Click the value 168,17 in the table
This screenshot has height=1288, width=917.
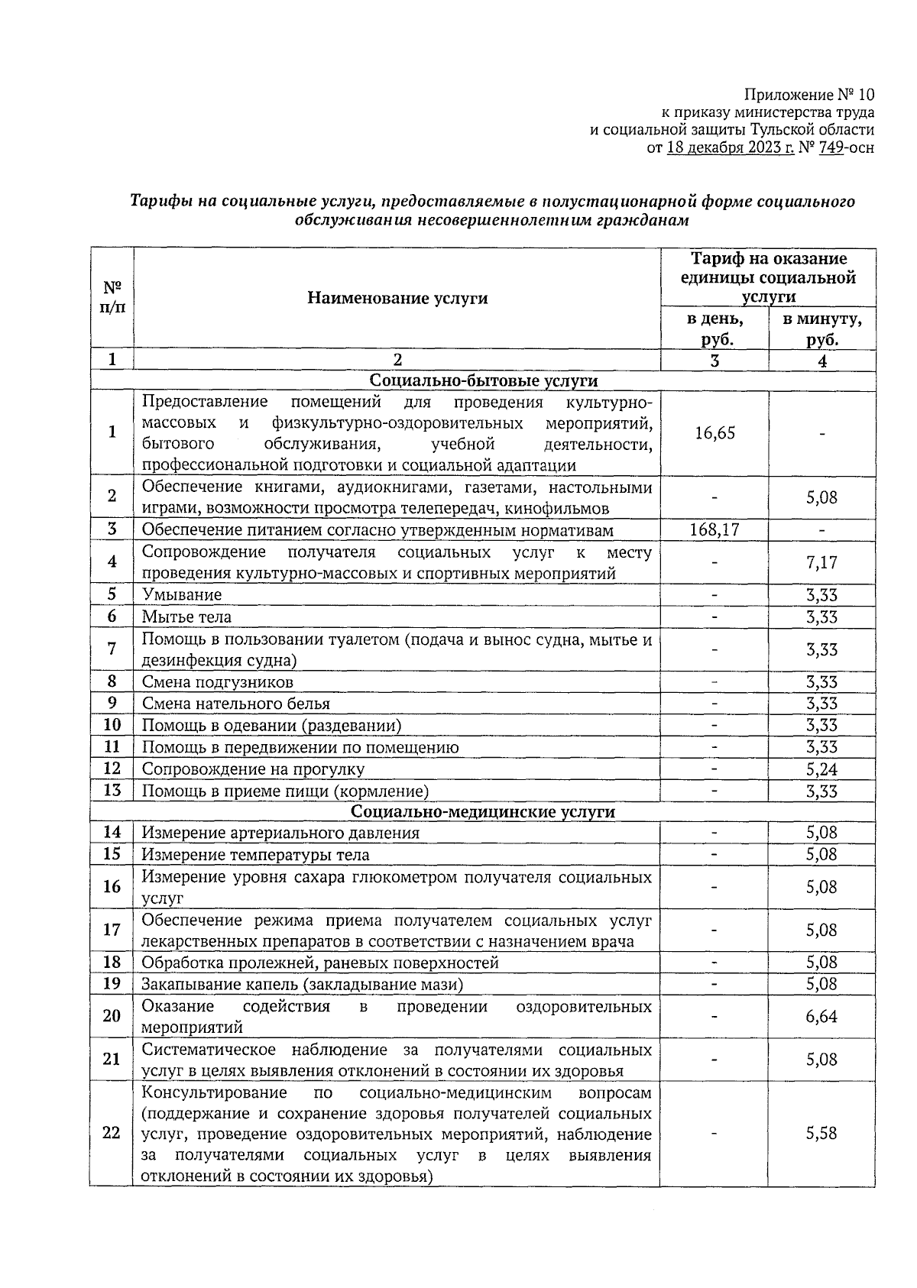[x=714, y=529]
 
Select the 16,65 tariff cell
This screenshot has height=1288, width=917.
[x=714, y=433]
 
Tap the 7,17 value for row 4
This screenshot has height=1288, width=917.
[x=821, y=563]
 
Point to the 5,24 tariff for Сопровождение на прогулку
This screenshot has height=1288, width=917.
[x=821, y=769]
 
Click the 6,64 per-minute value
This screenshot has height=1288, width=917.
[x=821, y=1016]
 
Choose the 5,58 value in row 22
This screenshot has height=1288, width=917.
[x=821, y=1133]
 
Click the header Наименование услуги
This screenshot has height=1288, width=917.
[x=397, y=299]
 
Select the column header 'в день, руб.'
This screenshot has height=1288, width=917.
[x=714, y=329]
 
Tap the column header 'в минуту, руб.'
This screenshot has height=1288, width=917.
[x=822, y=329]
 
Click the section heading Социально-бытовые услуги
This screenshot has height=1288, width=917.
[x=483, y=380]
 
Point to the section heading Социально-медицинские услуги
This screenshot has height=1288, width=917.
[x=483, y=811]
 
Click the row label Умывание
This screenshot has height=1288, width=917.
[x=182, y=594]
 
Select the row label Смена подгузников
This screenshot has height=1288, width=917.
[x=217, y=681]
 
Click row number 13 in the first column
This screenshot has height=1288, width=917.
[x=112, y=791]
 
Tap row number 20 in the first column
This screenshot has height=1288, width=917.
[x=112, y=1016]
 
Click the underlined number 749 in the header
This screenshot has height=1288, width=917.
[x=830, y=148]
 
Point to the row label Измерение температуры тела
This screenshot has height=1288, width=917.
[x=255, y=855]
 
